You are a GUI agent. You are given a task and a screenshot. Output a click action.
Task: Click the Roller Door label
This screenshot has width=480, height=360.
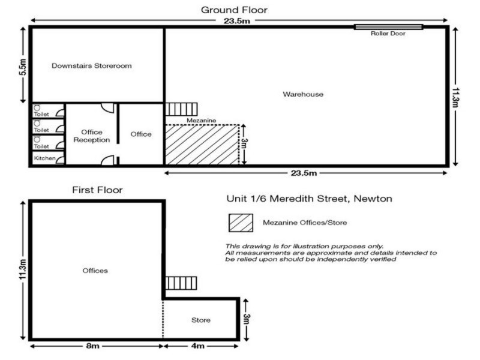click(x=388, y=34)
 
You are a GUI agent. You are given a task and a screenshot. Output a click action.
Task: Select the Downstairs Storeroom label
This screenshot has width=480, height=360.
click(x=91, y=65)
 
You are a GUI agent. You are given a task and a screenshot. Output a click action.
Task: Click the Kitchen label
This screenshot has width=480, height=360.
click(x=45, y=158)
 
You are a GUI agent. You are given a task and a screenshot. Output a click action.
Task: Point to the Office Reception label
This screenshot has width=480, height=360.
click(x=91, y=136)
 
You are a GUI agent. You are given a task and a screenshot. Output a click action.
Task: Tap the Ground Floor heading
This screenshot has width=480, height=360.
click(x=234, y=10)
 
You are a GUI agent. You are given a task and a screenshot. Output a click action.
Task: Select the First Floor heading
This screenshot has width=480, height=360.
click(x=97, y=190)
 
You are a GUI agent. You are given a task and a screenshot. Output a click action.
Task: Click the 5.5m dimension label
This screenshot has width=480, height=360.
click(x=23, y=66)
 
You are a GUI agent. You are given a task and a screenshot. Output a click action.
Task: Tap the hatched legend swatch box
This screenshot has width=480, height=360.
click(x=240, y=223)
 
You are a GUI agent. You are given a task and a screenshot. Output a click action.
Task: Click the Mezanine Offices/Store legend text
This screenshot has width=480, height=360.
click(x=305, y=223)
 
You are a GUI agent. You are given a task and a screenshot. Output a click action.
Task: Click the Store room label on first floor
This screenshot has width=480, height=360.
click(x=200, y=320)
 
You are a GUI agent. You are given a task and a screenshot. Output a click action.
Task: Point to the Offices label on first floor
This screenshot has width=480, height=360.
click(x=95, y=271)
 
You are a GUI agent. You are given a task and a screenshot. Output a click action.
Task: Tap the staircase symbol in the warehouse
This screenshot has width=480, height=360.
click(x=181, y=109)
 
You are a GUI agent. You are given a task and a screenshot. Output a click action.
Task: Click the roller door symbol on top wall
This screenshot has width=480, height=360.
click(x=388, y=26)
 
